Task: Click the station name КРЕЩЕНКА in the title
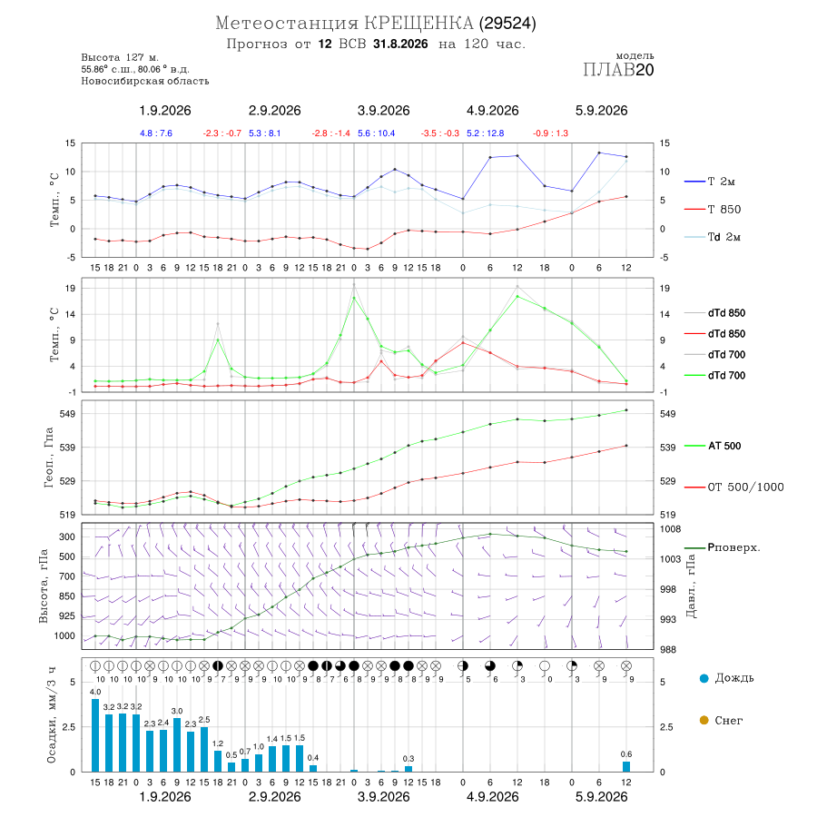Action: pos(418,24)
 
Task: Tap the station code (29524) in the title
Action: pos(507,24)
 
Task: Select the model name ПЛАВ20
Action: pos(618,70)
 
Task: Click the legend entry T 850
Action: pos(724,210)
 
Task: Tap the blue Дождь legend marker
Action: pos(704,678)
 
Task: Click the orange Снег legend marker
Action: pos(704,720)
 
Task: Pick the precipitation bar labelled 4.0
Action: pos(95,735)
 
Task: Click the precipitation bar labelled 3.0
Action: pos(177,744)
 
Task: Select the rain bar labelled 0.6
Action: pos(626,766)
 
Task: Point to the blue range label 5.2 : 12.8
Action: pos(485,133)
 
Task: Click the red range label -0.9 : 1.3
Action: pos(550,133)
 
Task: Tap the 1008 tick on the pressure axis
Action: pos(671,529)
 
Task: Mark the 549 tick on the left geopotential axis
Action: pos(68,414)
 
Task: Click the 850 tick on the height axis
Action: pos(67,596)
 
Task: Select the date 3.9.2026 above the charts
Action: pos(383,111)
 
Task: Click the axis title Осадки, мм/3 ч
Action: pos(51,714)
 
